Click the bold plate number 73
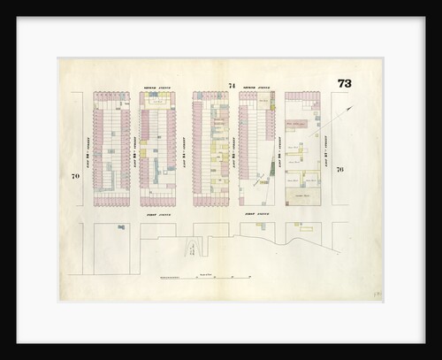click(x=344, y=84)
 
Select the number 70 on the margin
click(x=76, y=177)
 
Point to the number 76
click(x=339, y=169)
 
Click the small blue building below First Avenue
click(x=120, y=227)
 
